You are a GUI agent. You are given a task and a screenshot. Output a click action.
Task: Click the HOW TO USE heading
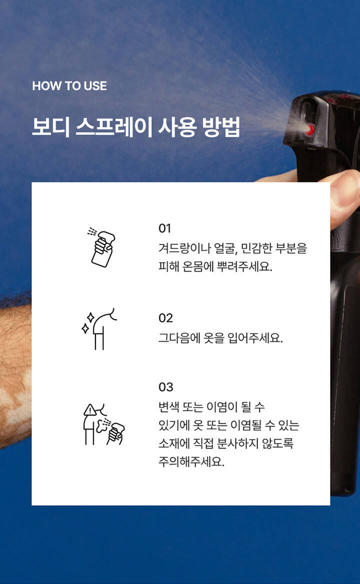(69, 86)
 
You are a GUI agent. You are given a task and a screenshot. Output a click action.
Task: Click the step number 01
(164, 228)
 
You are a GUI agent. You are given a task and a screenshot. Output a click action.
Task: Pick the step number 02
(165, 318)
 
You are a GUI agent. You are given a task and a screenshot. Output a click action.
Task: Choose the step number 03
(166, 387)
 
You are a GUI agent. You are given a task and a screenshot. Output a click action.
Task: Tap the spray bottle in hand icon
(101, 247)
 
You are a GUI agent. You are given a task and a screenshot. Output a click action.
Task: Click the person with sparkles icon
(99, 329)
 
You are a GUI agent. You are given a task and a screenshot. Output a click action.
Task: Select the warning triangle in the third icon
(90, 410)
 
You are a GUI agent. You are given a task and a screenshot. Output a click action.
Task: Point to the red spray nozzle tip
(309, 130)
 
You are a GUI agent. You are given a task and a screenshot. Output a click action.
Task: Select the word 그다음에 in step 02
(179, 338)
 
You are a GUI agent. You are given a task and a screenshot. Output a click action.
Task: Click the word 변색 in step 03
(169, 406)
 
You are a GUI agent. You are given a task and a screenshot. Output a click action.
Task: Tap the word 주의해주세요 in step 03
(191, 462)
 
